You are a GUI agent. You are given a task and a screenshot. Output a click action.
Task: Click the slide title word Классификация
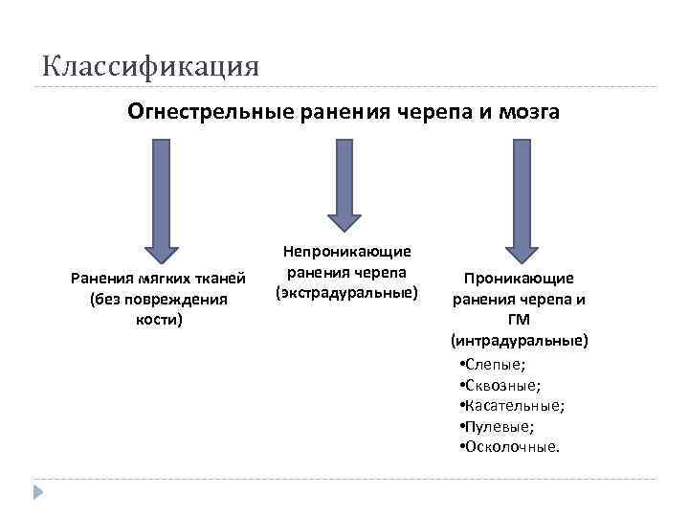[150, 67]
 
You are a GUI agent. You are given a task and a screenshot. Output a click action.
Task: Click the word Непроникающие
[346, 251]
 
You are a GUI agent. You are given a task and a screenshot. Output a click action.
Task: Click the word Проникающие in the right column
[520, 279]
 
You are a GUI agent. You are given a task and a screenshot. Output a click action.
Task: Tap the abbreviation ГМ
[520, 320]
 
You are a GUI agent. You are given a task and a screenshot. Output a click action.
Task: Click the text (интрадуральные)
[520, 340]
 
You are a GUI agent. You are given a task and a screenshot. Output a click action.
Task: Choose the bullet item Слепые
[494, 366]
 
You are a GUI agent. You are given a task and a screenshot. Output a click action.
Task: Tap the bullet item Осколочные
[511, 446]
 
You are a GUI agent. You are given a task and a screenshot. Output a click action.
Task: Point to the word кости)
[159, 320]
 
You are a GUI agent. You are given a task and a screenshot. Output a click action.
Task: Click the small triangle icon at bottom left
[39, 492]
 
